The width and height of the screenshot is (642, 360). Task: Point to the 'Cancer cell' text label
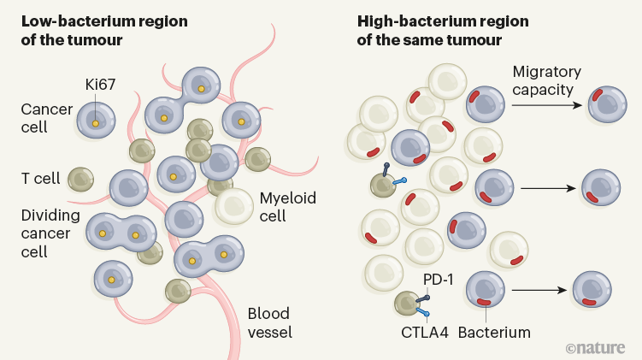42,120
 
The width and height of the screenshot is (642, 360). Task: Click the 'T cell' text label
40,179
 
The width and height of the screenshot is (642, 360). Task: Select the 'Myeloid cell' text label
288,206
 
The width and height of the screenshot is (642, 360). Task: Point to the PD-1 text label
438,280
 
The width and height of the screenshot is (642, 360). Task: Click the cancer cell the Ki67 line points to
96,121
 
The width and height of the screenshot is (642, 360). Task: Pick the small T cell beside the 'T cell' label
81,179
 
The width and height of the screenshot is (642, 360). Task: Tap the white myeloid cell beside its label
233,206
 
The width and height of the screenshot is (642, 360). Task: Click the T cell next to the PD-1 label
406,302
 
